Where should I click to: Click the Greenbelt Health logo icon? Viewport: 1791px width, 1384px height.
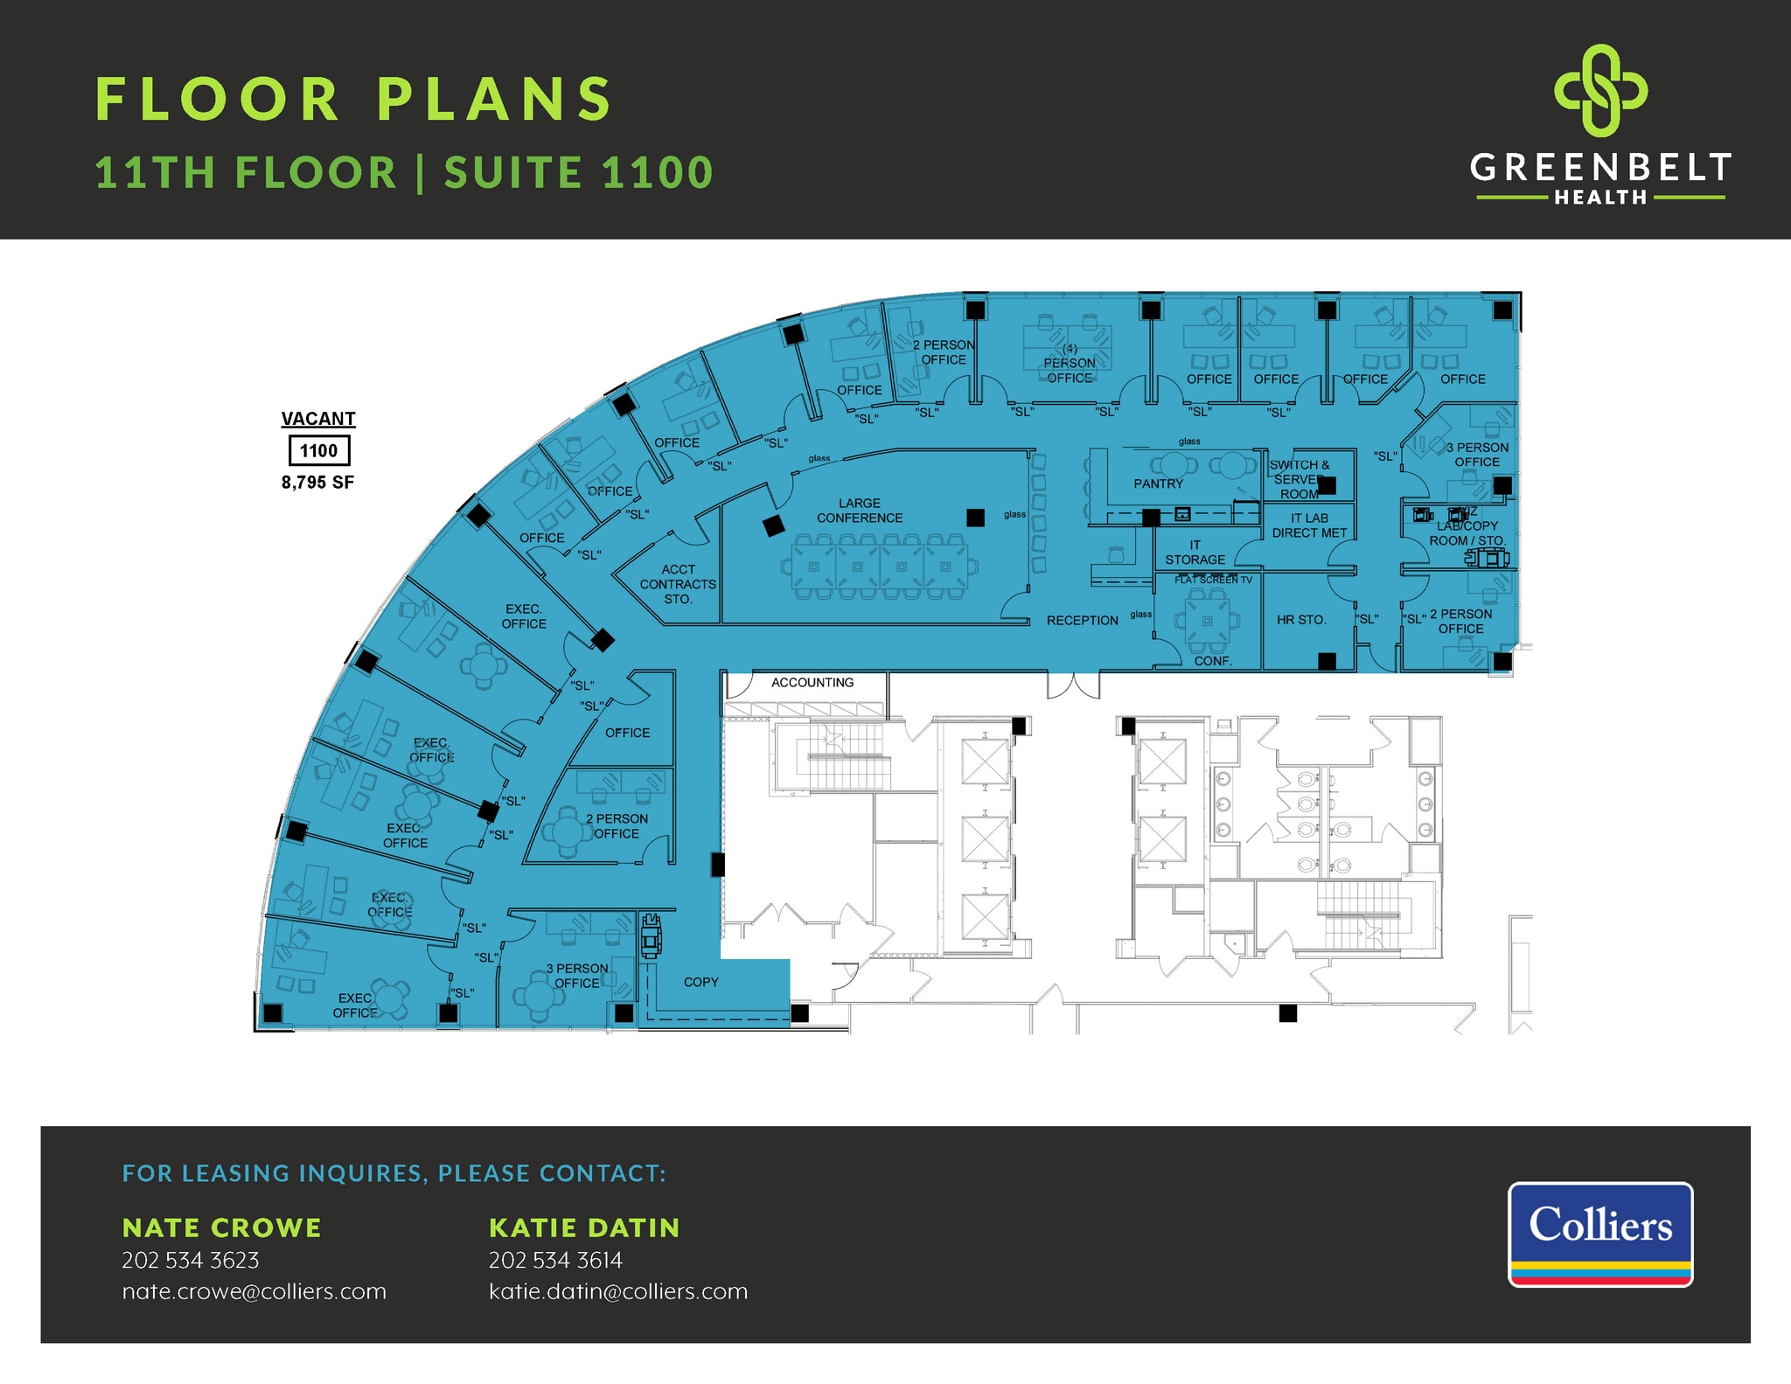1600,90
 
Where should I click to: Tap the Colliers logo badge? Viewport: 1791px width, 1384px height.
1599,1234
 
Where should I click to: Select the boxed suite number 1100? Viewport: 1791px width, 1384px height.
318,450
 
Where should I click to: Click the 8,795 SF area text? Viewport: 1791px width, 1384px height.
317,483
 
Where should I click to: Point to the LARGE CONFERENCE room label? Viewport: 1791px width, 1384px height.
859,511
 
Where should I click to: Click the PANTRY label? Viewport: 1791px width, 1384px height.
1158,483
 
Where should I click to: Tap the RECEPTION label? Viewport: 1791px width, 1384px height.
1082,620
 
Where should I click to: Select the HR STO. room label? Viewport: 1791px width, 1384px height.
1300,620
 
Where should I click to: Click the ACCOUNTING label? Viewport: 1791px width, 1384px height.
812,683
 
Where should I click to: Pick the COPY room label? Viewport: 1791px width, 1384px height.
700,982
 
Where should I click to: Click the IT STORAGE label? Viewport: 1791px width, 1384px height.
1195,553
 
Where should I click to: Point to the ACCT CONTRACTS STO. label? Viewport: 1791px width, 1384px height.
678,584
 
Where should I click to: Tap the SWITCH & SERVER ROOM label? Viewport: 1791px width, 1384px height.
1299,479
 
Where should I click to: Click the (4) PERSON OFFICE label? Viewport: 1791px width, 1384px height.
1069,364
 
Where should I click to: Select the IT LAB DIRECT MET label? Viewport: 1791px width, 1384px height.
1309,525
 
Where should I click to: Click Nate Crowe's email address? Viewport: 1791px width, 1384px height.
254,1291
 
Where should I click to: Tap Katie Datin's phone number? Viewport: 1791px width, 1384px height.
555,1260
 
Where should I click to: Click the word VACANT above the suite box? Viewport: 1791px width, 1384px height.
318,419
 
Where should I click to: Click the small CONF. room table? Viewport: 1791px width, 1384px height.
1207,621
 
